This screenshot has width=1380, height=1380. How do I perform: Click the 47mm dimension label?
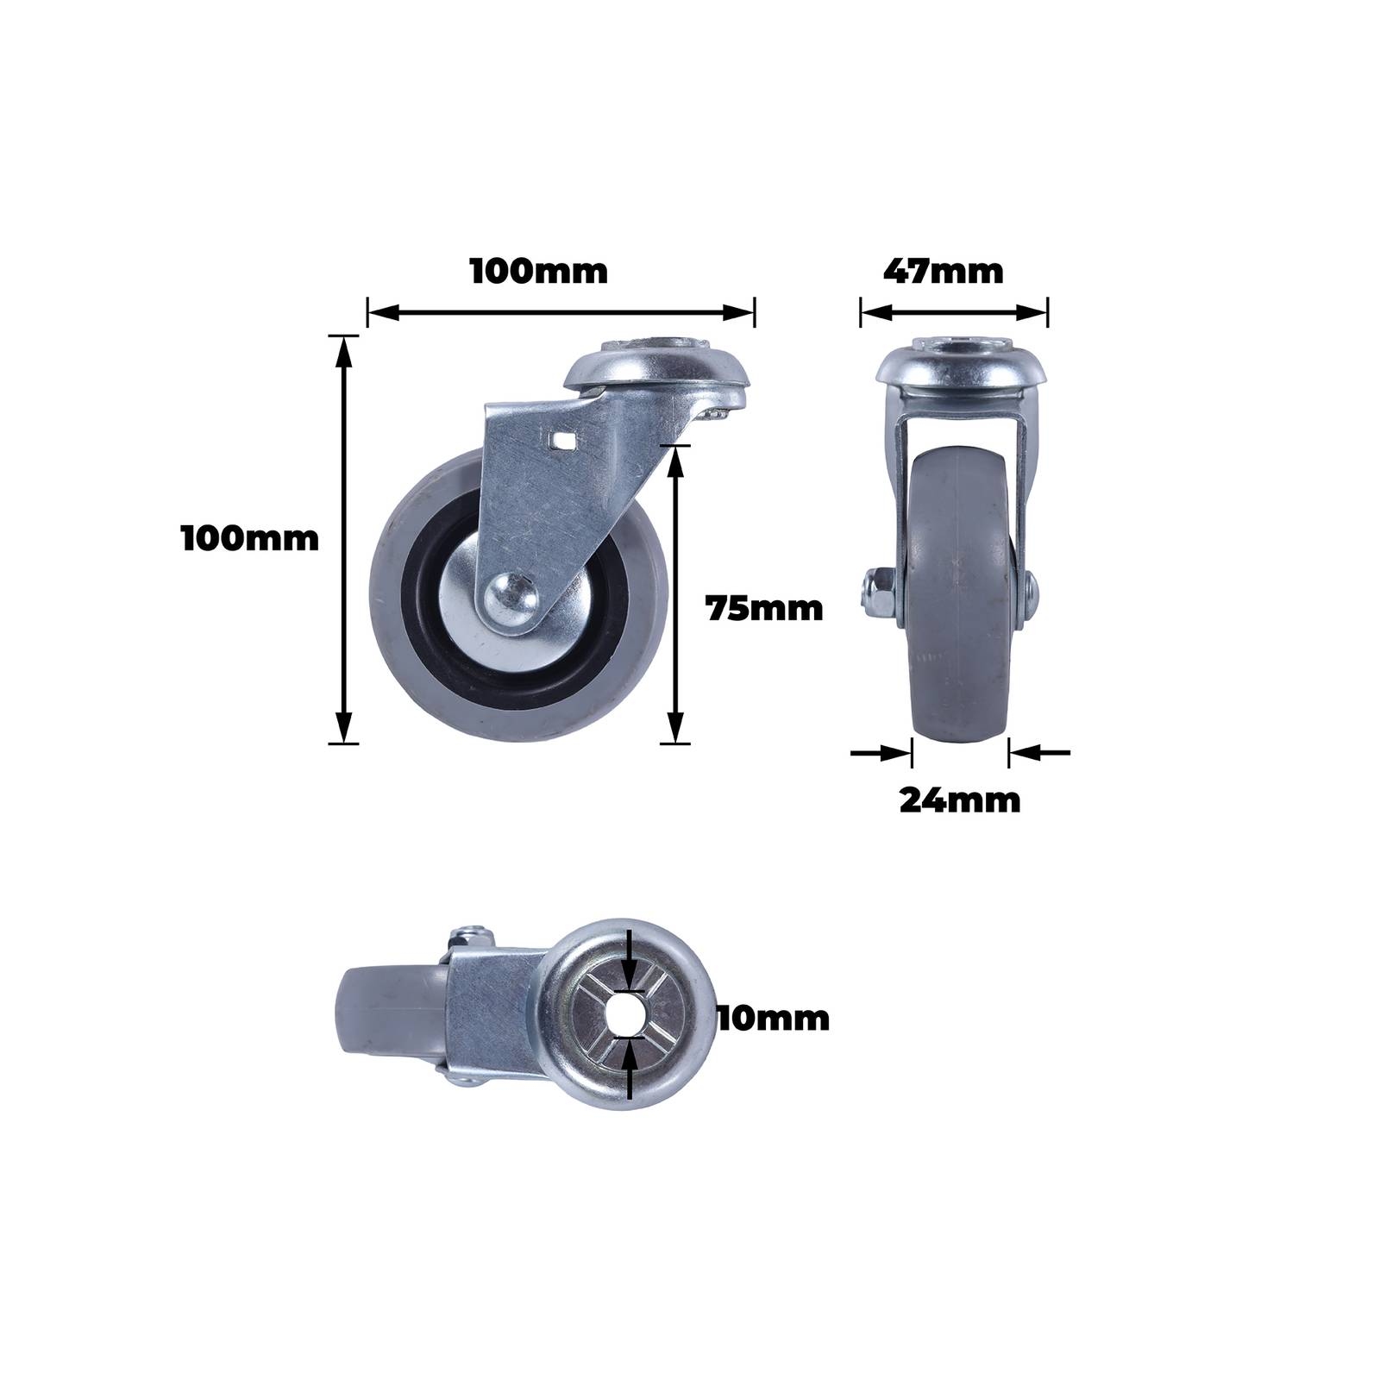943,271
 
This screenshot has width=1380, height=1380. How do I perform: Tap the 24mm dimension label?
959,800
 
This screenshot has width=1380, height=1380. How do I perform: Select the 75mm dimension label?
764,609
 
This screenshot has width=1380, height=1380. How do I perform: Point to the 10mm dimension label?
772,1019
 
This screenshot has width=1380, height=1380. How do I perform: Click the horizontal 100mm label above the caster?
539,271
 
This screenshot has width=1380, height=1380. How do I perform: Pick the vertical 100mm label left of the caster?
250,538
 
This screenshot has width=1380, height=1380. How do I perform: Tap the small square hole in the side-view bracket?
563,443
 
